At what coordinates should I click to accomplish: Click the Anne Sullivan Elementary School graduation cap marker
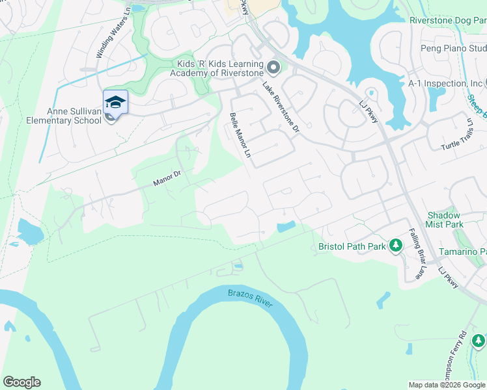(x=115, y=102)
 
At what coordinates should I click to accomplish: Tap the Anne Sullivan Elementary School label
(x=64, y=116)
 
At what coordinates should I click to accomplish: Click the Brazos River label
(x=250, y=298)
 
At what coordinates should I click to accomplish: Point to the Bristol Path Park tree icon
(x=395, y=246)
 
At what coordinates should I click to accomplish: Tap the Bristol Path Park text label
(x=352, y=246)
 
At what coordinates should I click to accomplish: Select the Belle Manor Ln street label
(x=240, y=135)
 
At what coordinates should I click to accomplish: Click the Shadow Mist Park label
(x=445, y=220)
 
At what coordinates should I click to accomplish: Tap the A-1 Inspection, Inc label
(x=445, y=84)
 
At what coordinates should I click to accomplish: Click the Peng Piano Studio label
(x=454, y=49)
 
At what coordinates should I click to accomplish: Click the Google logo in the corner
(x=21, y=382)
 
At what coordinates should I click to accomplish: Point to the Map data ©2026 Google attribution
(x=447, y=385)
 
